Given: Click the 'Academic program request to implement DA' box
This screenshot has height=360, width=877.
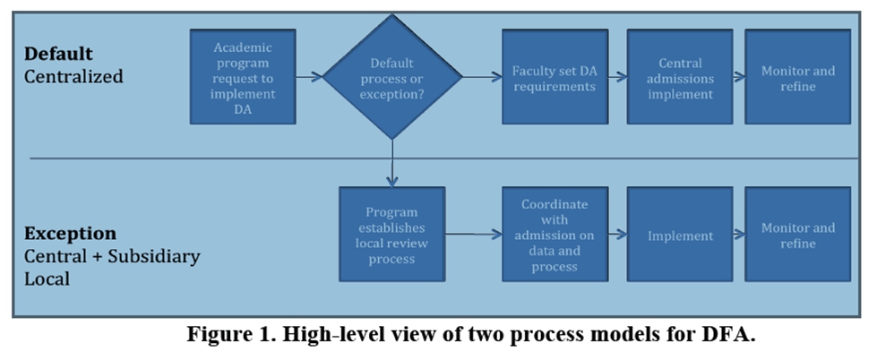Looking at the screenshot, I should click(243, 76).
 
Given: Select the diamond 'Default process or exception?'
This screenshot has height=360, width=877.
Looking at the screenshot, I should click(392, 77).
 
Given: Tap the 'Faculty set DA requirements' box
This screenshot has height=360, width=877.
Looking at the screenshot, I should click(554, 77).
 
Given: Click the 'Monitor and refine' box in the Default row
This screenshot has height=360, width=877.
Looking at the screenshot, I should click(797, 77).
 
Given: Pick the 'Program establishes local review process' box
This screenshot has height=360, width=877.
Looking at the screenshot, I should click(391, 235).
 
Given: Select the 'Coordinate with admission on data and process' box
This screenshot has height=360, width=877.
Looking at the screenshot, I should click(554, 235).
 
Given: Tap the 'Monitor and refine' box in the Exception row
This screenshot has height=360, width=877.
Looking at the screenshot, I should click(797, 235).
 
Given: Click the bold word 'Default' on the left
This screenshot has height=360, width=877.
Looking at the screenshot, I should click(58, 54).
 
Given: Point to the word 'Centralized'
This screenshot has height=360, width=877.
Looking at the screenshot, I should click(73, 76).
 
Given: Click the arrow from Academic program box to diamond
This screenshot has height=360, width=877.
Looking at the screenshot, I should click(309, 77).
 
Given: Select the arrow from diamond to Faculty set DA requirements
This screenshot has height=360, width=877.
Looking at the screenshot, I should click(482, 77).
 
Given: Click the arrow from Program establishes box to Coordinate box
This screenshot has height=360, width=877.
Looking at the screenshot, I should click(473, 235).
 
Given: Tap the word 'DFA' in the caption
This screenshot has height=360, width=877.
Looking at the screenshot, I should click(729, 337).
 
